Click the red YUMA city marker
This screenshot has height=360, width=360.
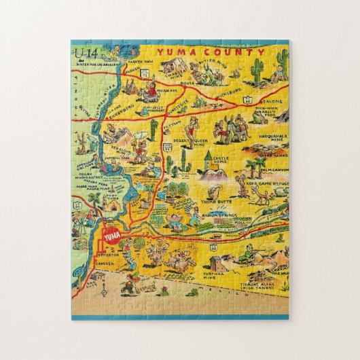[111, 237]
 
